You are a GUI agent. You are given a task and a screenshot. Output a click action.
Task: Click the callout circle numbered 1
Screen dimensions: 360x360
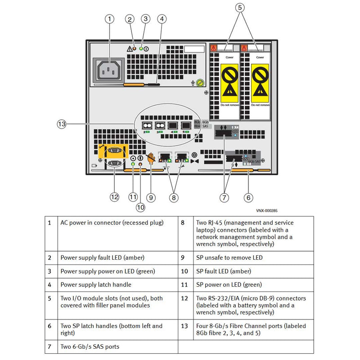click(110, 19)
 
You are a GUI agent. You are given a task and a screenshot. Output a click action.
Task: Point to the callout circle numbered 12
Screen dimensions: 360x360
click(114, 197)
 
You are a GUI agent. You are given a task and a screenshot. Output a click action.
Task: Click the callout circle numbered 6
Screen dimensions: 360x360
click(249, 197)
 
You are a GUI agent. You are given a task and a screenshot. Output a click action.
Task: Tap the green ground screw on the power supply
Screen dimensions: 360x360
click(200, 82)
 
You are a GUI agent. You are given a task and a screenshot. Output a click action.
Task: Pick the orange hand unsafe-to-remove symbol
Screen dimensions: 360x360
click(151, 158)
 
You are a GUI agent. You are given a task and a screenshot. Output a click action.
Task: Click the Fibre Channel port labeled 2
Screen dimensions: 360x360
click(146, 126)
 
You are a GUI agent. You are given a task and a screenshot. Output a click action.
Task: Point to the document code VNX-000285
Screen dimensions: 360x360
click(267, 211)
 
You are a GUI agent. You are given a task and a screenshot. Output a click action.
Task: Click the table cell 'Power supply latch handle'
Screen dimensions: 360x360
click(96, 284)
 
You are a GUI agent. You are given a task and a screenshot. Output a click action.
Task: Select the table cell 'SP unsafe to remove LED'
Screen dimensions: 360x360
click(228, 257)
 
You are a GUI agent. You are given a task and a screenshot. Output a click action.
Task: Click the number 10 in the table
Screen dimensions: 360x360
click(184, 271)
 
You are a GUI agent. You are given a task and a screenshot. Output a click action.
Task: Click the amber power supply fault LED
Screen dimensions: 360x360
click(134, 48)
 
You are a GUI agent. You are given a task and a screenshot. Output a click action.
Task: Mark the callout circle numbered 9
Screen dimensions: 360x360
click(151, 197)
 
